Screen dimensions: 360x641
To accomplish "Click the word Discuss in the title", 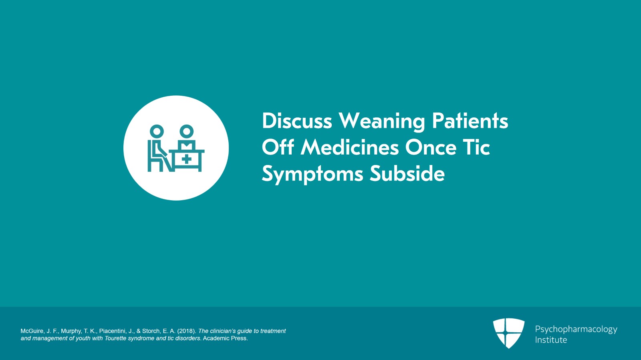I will coord(297,121).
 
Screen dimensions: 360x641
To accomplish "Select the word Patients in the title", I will coord(470,121).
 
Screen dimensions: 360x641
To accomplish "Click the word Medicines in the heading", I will coord(350,147).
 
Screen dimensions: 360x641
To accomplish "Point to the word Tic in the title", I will coord(476,147).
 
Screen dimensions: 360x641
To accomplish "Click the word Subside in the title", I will coord(407,174).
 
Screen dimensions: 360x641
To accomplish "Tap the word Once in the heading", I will coord(431,147).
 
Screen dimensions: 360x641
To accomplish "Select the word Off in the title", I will coord(278,147).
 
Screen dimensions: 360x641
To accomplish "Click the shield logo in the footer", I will coord(509,333).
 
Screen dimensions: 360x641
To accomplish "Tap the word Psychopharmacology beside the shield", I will coord(576,330).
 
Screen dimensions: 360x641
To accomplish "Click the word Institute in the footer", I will coord(551,340).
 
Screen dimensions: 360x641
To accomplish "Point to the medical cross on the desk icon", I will coord(186,159).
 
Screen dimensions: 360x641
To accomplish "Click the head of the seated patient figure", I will coord(157,131).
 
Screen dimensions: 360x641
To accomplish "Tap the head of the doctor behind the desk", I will coord(186,131).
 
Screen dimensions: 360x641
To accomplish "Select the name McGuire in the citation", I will coord(32,331).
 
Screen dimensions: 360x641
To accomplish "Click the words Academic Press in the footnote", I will coord(225,338).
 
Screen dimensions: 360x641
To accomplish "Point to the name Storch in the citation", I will coord(151,331).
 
